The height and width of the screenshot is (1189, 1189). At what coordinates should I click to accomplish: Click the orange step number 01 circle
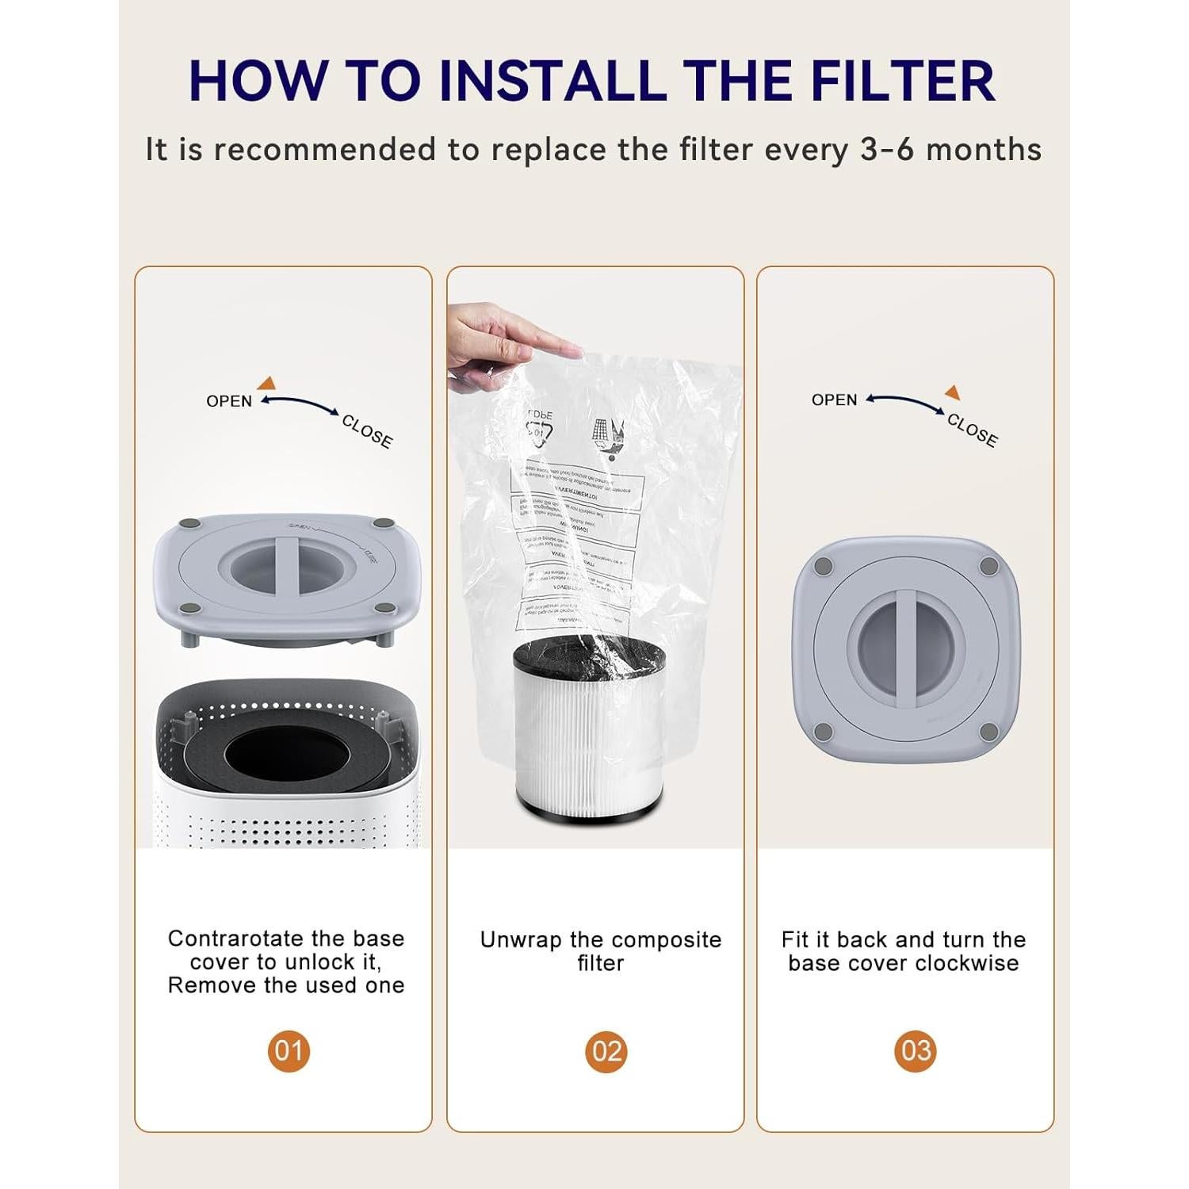(x=289, y=1051)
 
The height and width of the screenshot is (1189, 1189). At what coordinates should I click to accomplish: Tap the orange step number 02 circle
(x=606, y=1051)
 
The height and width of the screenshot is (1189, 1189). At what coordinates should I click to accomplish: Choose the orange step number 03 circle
(x=916, y=1051)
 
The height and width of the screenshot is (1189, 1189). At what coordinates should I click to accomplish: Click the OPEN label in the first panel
(x=229, y=401)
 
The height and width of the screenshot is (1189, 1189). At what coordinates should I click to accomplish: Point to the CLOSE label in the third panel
(x=972, y=430)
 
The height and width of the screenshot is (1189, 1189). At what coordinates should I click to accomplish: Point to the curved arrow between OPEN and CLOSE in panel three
(x=904, y=403)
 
